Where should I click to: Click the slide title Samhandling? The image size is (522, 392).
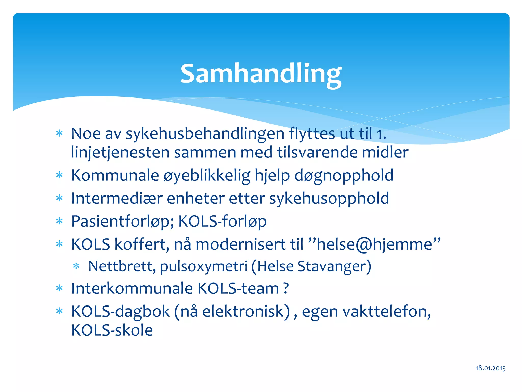(x=261, y=74)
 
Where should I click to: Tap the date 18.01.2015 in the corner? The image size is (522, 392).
(x=490, y=368)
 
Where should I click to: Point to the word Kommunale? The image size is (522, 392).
(x=115, y=175)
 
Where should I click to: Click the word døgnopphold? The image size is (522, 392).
(x=344, y=175)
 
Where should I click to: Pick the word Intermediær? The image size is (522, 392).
(x=117, y=198)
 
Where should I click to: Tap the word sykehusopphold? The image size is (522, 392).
(x=329, y=198)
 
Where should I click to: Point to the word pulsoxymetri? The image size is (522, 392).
(x=204, y=266)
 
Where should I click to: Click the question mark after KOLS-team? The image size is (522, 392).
(x=286, y=288)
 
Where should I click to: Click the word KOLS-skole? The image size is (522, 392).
(x=112, y=330)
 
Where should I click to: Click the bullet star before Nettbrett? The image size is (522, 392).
(x=76, y=266)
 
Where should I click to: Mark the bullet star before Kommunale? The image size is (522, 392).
(x=59, y=175)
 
